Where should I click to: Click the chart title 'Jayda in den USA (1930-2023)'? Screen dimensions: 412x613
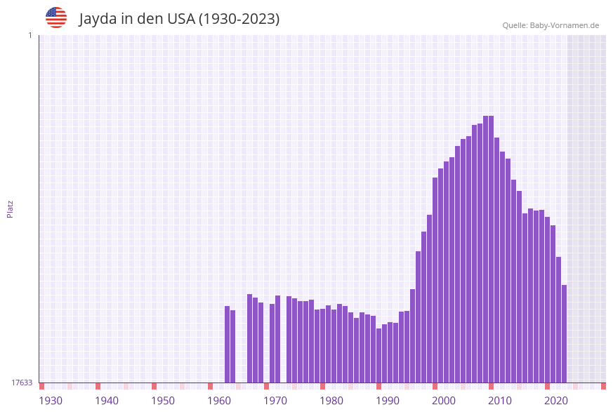click(179, 19)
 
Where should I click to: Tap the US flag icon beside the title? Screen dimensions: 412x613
click(56, 18)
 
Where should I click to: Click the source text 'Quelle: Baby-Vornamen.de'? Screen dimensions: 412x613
click(551, 25)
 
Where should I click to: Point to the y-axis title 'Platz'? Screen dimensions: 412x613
click(10, 208)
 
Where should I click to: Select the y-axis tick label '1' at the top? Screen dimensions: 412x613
click(29, 35)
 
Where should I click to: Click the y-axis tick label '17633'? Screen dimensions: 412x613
click(22, 383)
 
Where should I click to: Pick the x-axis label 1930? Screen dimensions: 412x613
click(51, 401)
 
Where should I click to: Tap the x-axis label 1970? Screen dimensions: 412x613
click(275, 401)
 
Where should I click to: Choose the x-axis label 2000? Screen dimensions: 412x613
click(444, 401)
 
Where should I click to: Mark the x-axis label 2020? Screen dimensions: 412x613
click(556, 401)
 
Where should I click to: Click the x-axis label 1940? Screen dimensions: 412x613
click(107, 401)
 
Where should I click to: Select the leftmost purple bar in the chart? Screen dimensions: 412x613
click(228, 344)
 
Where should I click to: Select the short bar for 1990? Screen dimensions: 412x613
click(378, 355)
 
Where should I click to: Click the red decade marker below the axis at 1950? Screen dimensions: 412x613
click(154, 386)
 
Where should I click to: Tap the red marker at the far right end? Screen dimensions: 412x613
click(603, 386)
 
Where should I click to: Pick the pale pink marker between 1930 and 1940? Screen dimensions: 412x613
click(70, 386)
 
